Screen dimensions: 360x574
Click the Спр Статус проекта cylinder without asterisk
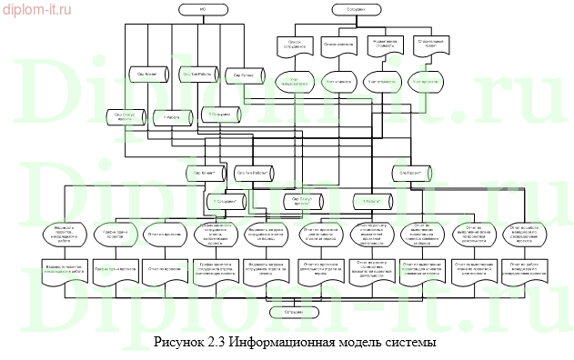coord(125,115)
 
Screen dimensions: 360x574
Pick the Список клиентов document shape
coord(338,44)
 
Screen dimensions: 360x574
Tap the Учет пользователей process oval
coord(294,80)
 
